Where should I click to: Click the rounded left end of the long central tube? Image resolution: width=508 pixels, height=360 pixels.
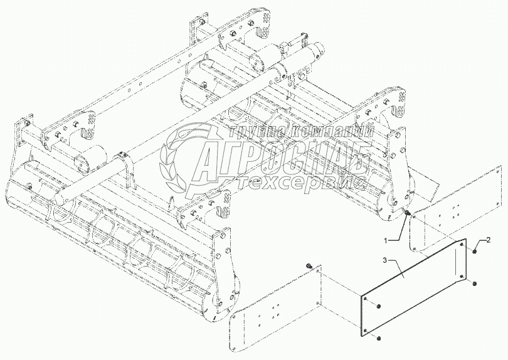(x=58, y=196)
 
